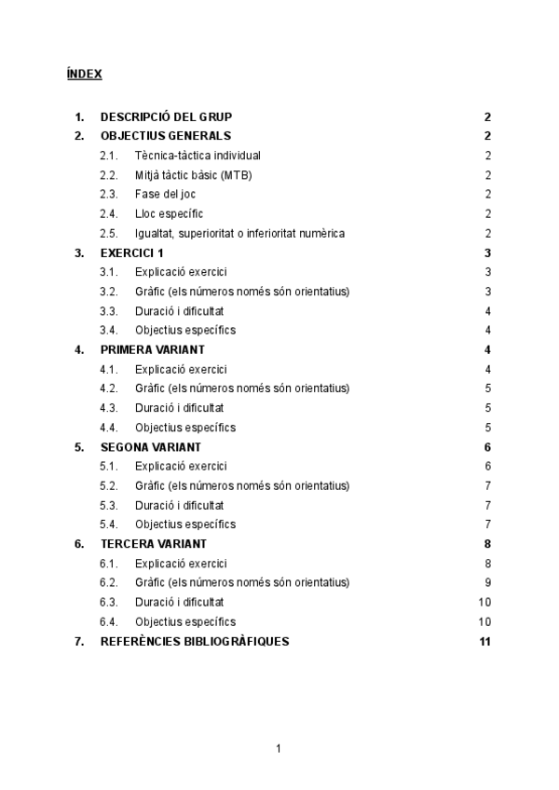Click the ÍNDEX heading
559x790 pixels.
pyautogui.click(x=85, y=74)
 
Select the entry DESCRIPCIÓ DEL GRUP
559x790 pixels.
pyautogui.click(x=166, y=117)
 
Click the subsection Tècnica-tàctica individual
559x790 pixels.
pyautogui.click(x=198, y=156)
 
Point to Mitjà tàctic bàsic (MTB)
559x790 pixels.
pyautogui.click(x=193, y=175)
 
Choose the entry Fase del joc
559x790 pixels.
pyautogui.click(x=165, y=195)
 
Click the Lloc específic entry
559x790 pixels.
pyautogui.click(x=169, y=214)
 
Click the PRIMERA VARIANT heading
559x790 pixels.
pyautogui.click(x=153, y=350)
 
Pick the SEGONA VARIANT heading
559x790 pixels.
pyautogui.click(x=151, y=447)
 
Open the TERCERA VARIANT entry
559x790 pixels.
pyautogui.click(x=154, y=544)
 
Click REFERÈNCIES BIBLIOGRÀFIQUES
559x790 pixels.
pyautogui.click(x=195, y=641)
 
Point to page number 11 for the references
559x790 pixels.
pyautogui.click(x=484, y=641)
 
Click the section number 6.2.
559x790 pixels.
pyautogui.click(x=108, y=583)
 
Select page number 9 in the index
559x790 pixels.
pyautogui.click(x=487, y=583)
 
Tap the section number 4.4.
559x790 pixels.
pyautogui.click(x=108, y=428)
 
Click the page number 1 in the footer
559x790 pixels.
pyautogui.click(x=279, y=749)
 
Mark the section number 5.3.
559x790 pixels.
pyautogui.click(x=108, y=505)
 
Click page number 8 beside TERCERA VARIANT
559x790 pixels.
pyautogui.click(x=487, y=544)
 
